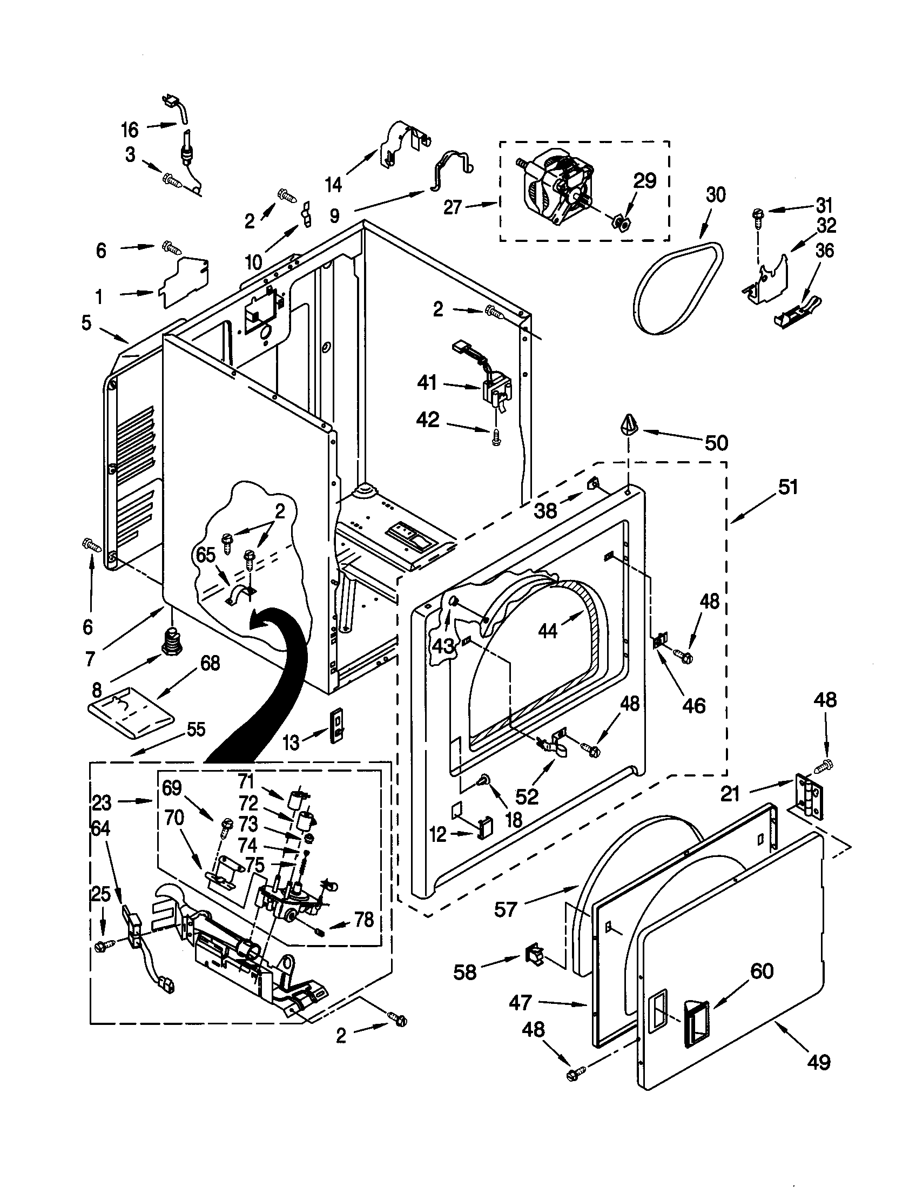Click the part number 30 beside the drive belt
715,194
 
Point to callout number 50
716,443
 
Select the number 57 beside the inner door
505,909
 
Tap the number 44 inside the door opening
548,631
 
